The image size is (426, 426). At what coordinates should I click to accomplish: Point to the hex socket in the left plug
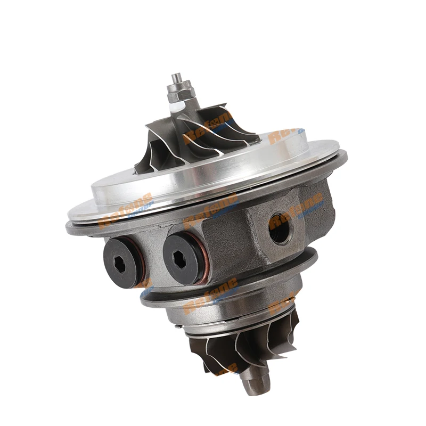(121, 262)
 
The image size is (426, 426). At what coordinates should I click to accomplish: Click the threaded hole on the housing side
(280, 228)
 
